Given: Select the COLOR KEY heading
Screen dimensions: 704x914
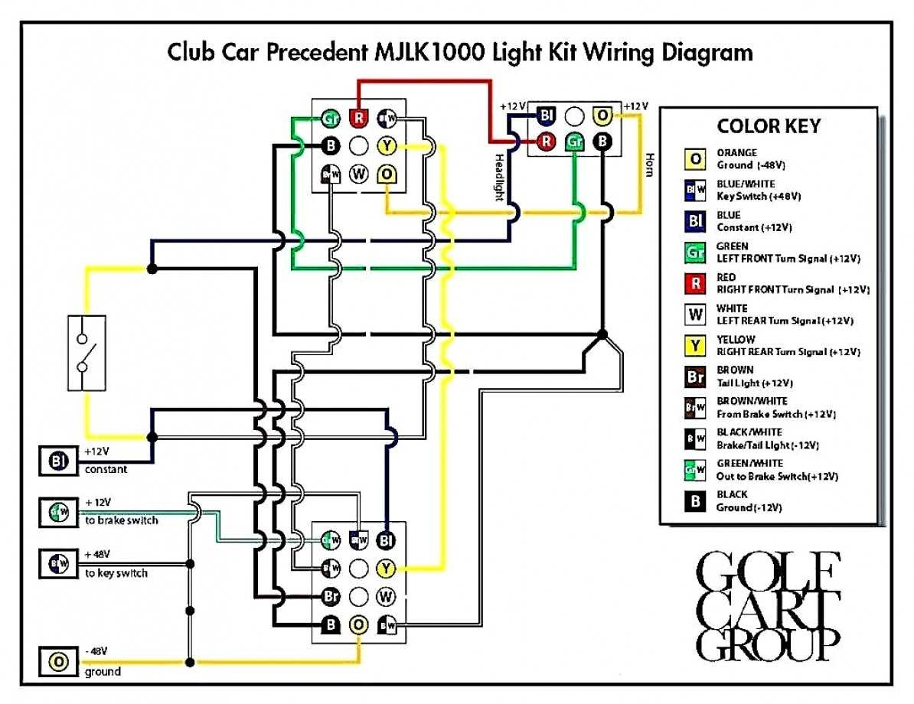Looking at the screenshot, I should point(768,126).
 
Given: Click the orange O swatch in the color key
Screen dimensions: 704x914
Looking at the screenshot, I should point(694,159).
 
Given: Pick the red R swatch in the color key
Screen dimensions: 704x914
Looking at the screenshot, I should point(694,284).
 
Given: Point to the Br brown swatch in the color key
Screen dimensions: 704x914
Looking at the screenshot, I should point(694,376).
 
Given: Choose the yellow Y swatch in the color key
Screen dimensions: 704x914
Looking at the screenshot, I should point(694,346).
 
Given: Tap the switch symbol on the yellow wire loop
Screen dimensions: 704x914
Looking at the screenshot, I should point(86,352).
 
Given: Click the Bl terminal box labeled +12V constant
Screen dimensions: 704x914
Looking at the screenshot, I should point(59,460).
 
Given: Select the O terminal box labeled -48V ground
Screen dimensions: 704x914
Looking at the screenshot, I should point(59,661).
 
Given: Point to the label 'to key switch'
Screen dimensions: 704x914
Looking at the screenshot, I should point(116,573).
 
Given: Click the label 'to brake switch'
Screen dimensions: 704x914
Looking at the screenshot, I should point(121,520).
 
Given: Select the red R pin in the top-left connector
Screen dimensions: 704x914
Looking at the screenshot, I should point(358,118).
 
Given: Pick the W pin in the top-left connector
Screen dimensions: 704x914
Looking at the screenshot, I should point(358,174).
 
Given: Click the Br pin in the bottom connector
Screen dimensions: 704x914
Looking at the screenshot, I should point(331,595).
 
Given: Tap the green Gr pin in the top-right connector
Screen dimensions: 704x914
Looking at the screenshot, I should point(574,142).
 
